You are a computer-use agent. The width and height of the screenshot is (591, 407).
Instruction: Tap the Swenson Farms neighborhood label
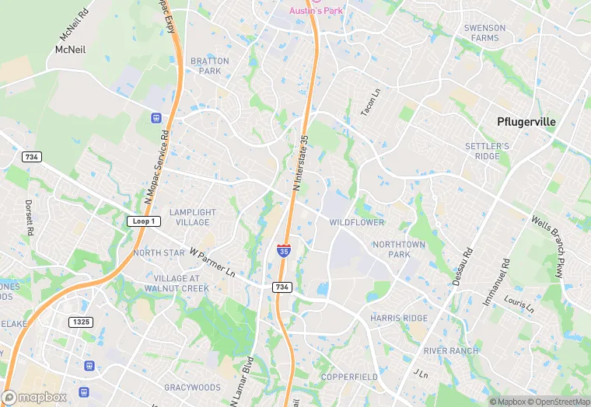click(x=484, y=33)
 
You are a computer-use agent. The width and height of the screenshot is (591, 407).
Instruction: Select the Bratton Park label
click(x=210, y=66)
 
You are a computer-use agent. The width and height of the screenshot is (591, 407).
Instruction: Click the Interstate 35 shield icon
click(x=284, y=250)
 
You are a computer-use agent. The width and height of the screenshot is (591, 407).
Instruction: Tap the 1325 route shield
click(x=80, y=322)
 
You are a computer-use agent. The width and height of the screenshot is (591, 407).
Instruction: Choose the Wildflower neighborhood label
click(x=357, y=223)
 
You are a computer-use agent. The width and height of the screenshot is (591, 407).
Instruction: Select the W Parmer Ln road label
click(x=212, y=263)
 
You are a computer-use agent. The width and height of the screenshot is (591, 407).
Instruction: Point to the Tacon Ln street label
click(x=370, y=103)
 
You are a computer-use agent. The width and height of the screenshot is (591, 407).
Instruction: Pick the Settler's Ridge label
click(x=487, y=151)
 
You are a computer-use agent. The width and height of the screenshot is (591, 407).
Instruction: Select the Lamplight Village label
click(x=193, y=217)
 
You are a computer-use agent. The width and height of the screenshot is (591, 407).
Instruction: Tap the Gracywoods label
click(x=193, y=387)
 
